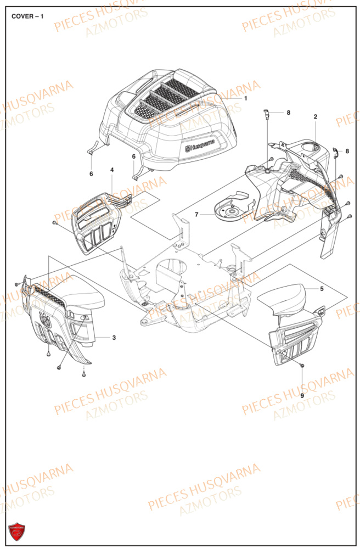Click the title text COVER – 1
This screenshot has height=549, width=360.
[27, 16]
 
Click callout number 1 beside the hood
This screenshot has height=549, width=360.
[245, 98]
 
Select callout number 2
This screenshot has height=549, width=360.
[316, 116]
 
